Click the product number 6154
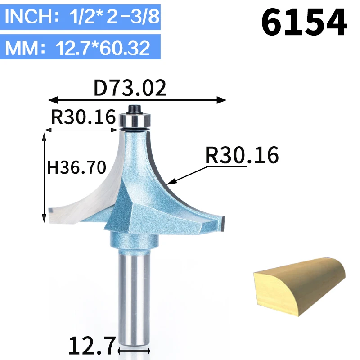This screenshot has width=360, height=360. pyautogui.click(x=304, y=22)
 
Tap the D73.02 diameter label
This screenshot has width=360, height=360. pyautogui.click(x=130, y=88)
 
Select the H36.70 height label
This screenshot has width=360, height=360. pyautogui.click(x=76, y=167)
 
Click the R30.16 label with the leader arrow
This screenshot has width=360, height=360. pyautogui.click(x=242, y=155)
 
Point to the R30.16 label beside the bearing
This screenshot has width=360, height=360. pyautogui.click(x=84, y=117)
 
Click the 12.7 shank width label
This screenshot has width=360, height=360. pyautogui.click(x=92, y=346)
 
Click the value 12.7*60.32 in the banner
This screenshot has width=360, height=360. pyautogui.click(x=103, y=48)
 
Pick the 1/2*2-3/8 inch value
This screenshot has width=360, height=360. pyautogui.click(x=114, y=16)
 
